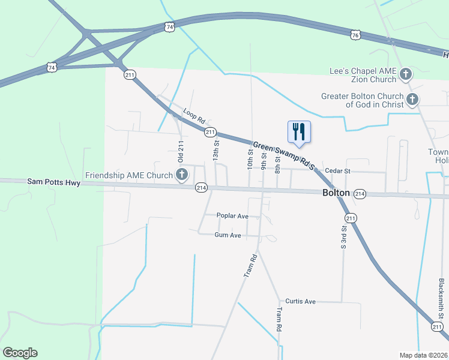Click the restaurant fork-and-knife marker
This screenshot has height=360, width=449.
[299, 131]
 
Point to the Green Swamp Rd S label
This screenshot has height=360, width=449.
[283, 155]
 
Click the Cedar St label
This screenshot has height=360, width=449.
[337, 171]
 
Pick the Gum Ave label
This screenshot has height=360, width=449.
[228, 235]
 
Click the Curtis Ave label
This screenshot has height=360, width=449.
[300, 301]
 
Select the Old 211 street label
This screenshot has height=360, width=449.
[181, 153]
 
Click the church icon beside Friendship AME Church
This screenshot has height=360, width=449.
[181, 175]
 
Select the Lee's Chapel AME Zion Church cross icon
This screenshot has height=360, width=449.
[406, 74]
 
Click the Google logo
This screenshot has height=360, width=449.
[20, 353]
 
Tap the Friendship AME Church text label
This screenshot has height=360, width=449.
[129, 175]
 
